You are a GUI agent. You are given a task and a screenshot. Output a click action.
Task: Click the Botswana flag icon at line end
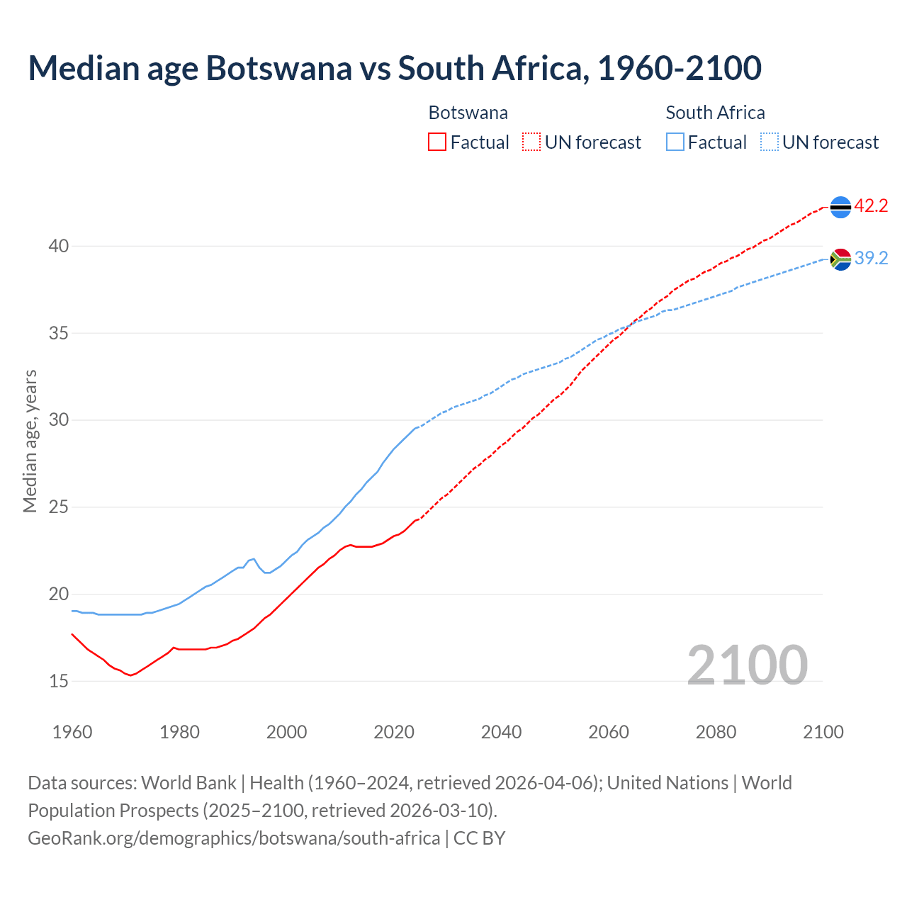click(x=840, y=207)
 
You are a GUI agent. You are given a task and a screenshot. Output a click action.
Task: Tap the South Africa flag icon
click(x=840, y=259)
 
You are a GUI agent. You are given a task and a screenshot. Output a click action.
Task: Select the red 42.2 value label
click(x=871, y=206)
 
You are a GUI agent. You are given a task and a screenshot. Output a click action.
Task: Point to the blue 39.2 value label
click(x=871, y=259)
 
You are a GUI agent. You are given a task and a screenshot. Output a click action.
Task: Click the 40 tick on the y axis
click(x=58, y=247)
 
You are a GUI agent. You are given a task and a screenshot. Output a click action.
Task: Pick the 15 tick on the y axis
click(x=58, y=681)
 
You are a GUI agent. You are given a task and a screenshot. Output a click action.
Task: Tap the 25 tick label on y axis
click(x=58, y=507)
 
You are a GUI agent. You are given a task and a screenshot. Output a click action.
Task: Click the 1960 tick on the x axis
click(x=72, y=732)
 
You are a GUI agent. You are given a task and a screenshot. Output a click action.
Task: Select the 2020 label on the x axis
click(x=394, y=732)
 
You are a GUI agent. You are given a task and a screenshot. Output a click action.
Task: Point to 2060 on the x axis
click(x=609, y=732)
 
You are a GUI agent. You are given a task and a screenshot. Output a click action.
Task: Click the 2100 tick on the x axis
click(x=823, y=732)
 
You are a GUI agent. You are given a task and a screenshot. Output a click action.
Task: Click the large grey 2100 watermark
click(x=747, y=665)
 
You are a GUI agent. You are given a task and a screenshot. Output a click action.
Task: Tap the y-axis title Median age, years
click(x=30, y=441)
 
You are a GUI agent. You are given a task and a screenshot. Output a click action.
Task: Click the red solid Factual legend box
click(x=437, y=142)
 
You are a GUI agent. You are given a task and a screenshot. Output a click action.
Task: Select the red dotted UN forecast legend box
click(x=531, y=142)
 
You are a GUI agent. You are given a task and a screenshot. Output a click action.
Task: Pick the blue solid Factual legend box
click(x=675, y=142)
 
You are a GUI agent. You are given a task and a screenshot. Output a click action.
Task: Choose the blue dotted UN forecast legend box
click(x=770, y=142)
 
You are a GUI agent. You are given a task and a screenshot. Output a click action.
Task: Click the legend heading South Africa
click(x=715, y=113)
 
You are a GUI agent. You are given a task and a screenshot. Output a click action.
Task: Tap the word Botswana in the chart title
click(x=278, y=68)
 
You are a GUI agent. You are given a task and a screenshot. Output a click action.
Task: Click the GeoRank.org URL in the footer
click(x=234, y=838)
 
